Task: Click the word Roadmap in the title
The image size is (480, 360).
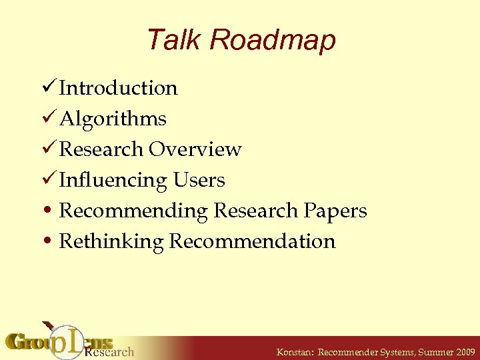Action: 272,41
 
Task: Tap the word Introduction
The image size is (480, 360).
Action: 118,88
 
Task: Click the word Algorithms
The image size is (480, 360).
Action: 113,119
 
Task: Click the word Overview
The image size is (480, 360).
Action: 195,149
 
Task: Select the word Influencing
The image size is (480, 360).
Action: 113,180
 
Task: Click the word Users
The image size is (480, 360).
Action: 199,180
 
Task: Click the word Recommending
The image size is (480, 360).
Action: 133,211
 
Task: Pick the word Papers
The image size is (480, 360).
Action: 335,211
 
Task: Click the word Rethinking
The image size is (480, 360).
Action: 111,241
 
